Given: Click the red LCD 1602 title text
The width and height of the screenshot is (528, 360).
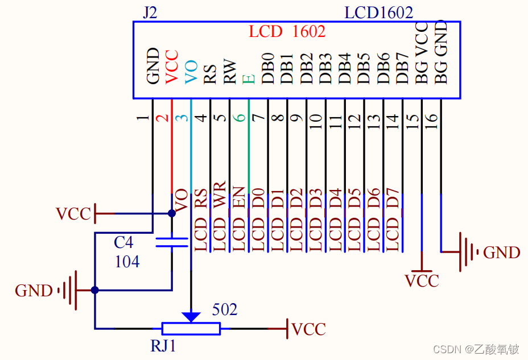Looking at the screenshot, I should pyautogui.click(x=287, y=31).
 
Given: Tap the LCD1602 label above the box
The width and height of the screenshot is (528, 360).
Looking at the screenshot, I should pyautogui.click(x=378, y=13).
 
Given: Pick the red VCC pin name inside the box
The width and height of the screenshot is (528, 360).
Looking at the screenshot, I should pyautogui.click(x=172, y=67).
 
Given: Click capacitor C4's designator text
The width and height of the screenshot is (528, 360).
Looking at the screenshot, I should pyautogui.click(x=123, y=243).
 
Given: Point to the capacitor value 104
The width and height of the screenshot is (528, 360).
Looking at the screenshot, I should pyautogui.click(x=127, y=262).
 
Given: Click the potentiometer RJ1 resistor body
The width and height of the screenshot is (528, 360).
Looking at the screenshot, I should pyautogui.click(x=191, y=329).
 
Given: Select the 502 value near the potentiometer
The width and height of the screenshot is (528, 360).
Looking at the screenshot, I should pyautogui.click(x=224, y=310).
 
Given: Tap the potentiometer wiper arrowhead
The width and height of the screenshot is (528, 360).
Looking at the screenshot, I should pyautogui.click(x=191, y=316).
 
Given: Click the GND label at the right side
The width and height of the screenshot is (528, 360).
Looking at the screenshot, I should pyautogui.click(x=501, y=253).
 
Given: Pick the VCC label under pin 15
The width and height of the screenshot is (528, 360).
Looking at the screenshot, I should pyautogui.click(x=422, y=281).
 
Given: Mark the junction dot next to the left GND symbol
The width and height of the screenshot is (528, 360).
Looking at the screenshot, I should pyautogui.click(x=95, y=290).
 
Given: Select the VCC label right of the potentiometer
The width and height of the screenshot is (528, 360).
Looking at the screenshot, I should pyautogui.click(x=308, y=329).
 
